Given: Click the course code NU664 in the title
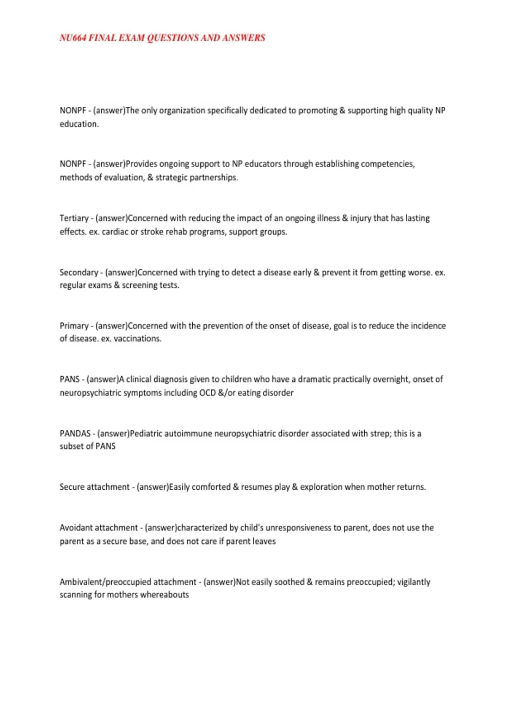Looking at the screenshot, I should point(73,38).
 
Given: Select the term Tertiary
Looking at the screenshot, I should point(74,218).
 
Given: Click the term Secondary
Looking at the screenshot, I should point(79,272).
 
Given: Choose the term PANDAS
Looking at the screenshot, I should point(75,434).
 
